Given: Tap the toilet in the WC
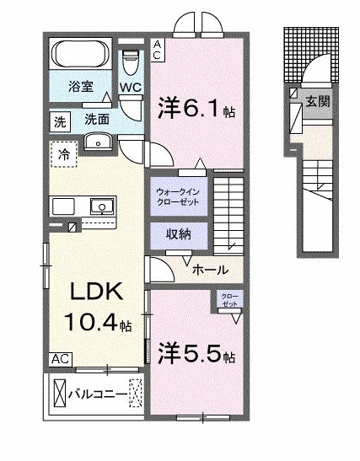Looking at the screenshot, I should tap(129, 62).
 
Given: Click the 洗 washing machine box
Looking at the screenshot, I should tap(59, 120).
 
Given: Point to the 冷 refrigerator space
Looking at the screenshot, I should tap(63, 154).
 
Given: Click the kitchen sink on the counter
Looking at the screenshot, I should tap(103, 205).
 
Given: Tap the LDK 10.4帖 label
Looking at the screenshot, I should tap(93, 308).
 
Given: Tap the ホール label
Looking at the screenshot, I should tap(208, 271).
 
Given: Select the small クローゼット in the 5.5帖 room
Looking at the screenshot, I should tap(229, 301).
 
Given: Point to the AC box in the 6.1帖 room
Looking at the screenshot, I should tap(159, 50).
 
